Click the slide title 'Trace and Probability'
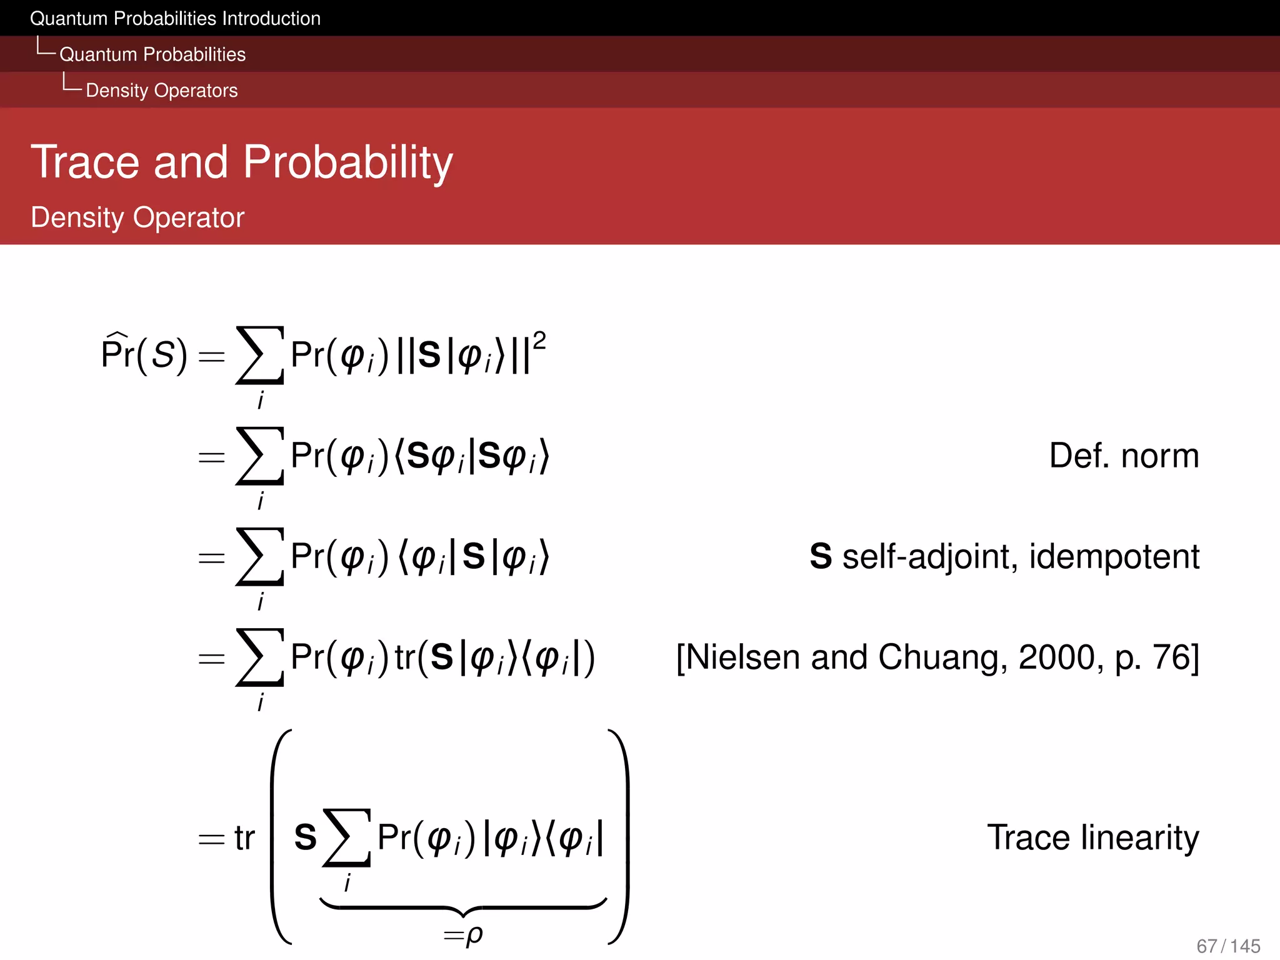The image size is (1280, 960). click(x=241, y=162)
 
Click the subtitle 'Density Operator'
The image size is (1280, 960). click(x=137, y=217)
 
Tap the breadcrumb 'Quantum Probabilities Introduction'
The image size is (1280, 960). click(x=175, y=19)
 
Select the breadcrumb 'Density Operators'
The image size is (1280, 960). click(x=161, y=91)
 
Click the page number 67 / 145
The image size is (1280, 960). click(x=1227, y=946)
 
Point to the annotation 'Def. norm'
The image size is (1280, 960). click(x=1123, y=456)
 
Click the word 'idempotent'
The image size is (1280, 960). click(x=1114, y=556)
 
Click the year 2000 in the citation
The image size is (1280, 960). click(x=1056, y=657)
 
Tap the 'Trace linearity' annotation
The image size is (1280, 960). click(x=1092, y=837)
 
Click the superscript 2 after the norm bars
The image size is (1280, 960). click(x=539, y=341)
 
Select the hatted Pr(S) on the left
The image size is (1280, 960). click(x=144, y=354)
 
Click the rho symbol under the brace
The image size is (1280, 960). click(x=474, y=935)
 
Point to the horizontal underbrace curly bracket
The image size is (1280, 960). click(x=462, y=906)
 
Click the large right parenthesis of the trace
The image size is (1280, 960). click(x=619, y=837)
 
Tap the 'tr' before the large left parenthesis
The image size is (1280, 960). click(x=244, y=839)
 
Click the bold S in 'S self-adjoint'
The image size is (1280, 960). click(x=821, y=556)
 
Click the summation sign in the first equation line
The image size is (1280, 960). click(x=259, y=355)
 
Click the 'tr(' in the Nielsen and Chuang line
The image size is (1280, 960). click(x=411, y=657)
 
